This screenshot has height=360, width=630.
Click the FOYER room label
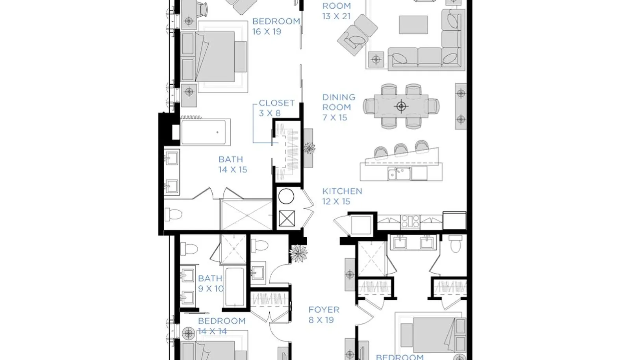coord(324,315)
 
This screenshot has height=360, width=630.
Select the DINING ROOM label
coord(339,107)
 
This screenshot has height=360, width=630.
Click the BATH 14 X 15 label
coord(233,164)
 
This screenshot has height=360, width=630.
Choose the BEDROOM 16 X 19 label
coord(276,26)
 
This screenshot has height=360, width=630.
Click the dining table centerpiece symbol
coord(401,106)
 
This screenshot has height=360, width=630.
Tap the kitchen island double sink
coord(399,173)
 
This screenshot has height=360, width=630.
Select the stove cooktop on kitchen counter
coord(410,221)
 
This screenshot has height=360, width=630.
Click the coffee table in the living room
coord(413,25)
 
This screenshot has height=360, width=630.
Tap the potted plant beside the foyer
coord(298,254)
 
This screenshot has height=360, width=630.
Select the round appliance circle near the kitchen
coord(286,196)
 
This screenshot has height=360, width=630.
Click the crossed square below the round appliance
coord(287,219)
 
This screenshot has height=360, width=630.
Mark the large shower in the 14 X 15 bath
coord(246,215)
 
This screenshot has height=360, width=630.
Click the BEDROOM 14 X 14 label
coord(222,326)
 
